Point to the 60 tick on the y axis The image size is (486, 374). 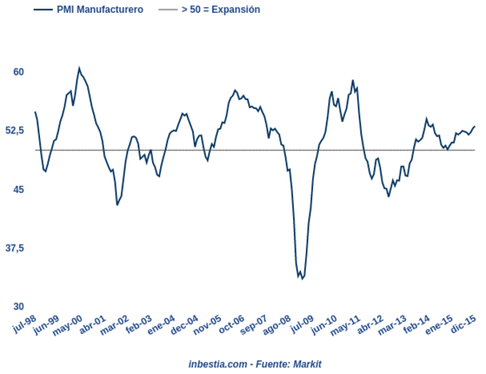coord(19,72)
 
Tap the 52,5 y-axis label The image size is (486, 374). coord(15,130)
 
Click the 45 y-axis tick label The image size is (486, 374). coord(19,189)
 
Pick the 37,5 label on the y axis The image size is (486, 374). coord(15,247)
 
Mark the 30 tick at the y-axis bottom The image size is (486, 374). coord(19,306)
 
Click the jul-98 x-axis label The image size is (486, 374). coord(25,324)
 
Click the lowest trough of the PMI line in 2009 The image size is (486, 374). coord(302,278)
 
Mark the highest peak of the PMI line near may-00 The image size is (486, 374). coord(79,69)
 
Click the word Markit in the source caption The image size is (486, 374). coord(307,364)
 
